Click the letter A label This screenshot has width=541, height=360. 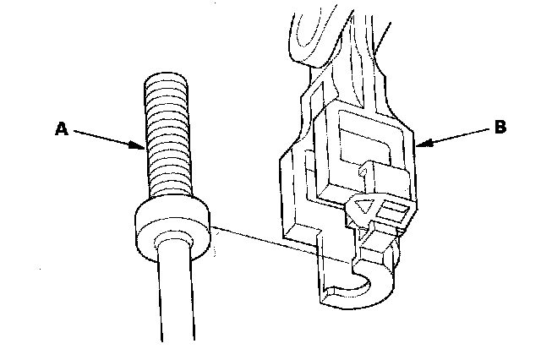click(60, 128)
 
